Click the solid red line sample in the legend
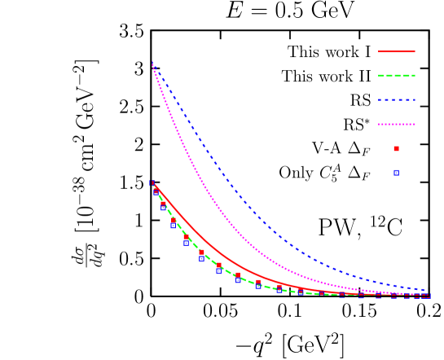click(396, 51)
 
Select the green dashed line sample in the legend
click(396, 76)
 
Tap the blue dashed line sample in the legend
click(396, 100)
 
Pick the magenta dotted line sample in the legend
click(396, 125)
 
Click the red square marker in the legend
click(397, 148)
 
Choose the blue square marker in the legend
click(397, 173)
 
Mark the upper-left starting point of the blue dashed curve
click(152, 63)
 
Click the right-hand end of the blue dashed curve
click(426, 290)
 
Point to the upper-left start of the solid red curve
click(153, 183)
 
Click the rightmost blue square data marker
click(427, 296)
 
